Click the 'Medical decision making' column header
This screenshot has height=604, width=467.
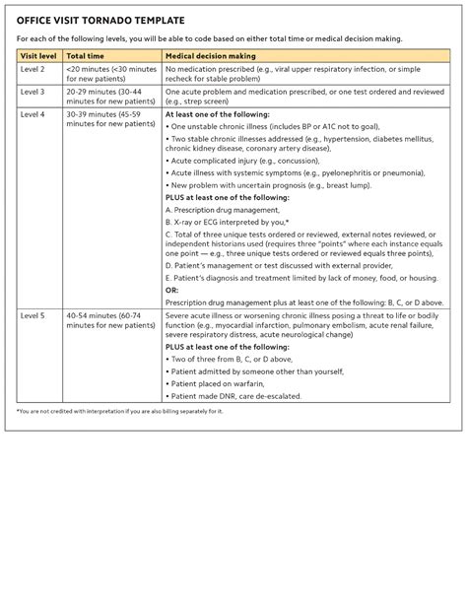click(x=211, y=56)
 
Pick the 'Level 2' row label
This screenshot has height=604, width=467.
click(x=33, y=70)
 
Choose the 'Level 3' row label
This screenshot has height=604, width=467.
click(x=33, y=92)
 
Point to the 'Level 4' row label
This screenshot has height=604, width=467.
click(x=33, y=114)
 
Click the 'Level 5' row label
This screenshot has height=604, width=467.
click(x=33, y=316)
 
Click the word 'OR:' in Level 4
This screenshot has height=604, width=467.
click(x=172, y=291)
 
